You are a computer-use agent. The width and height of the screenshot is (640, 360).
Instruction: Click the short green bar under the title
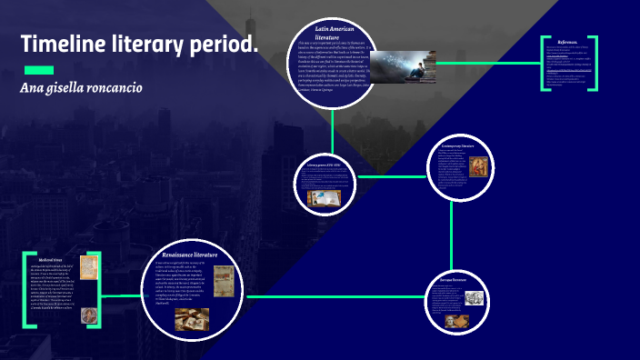point(38,70)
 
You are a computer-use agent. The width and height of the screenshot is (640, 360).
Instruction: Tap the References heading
point(568,42)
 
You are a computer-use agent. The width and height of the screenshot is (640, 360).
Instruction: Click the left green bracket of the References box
point(545,64)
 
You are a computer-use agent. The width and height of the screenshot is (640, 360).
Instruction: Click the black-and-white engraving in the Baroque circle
point(475,297)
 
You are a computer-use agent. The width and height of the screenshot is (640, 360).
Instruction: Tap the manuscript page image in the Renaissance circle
point(223,279)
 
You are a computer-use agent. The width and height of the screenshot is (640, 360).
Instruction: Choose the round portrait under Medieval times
point(90,315)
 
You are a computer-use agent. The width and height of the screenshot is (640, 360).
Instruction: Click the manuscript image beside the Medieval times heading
point(90,270)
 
